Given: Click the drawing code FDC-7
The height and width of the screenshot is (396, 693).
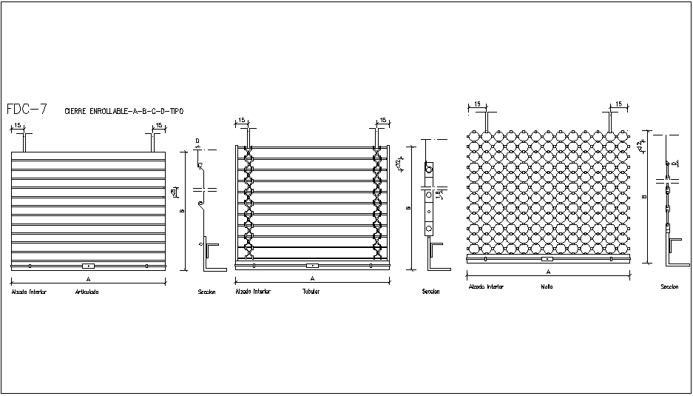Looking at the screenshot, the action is click(x=27, y=110).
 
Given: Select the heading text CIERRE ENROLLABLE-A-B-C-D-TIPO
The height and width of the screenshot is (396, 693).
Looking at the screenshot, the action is click(x=124, y=111).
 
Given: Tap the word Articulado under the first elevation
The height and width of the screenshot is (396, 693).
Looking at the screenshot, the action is click(x=87, y=292).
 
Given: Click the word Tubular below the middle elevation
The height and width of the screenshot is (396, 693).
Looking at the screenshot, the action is click(x=311, y=292).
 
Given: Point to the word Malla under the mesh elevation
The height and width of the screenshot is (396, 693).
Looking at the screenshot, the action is click(x=547, y=286).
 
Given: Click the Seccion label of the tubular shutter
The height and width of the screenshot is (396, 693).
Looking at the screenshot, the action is click(x=430, y=292).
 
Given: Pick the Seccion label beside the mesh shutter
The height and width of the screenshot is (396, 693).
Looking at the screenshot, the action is click(x=669, y=286).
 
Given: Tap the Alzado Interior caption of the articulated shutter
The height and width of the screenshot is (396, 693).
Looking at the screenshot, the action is click(x=29, y=292).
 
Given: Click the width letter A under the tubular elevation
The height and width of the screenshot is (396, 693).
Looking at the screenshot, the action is click(x=312, y=279).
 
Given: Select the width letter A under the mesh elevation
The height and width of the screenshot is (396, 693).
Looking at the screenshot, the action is click(x=548, y=272).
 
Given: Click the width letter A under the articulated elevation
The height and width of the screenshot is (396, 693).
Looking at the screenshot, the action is click(x=88, y=279).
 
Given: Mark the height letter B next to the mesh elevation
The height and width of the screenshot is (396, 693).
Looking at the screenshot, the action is click(x=644, y=198).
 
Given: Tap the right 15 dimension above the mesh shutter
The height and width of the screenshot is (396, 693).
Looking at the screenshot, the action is click(x=618, y=104).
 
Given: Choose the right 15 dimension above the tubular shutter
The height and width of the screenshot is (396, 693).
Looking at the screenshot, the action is click(x=383, y=120).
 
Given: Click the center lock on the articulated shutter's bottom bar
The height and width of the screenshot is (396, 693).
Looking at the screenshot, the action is click(x=88, y=265).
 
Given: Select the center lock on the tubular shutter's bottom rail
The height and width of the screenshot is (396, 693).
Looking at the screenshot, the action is click(x=312, y=264).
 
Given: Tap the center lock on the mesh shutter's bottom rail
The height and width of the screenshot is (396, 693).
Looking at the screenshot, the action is click(x=547, y=259).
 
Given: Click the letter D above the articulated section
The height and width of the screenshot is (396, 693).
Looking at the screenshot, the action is click(x=197, y=141).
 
